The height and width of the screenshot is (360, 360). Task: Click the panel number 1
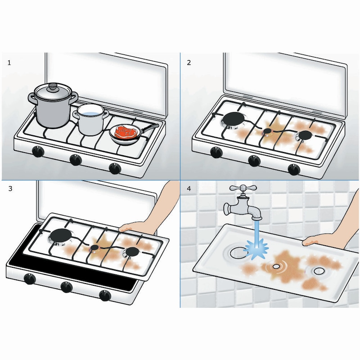9,63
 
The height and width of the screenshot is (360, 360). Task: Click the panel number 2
189,63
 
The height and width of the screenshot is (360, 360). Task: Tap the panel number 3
10,189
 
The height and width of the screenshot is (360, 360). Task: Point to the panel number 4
189,189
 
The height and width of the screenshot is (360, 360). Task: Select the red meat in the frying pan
125,131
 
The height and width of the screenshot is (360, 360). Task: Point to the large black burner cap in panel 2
234,119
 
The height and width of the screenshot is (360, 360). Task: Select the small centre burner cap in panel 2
267,131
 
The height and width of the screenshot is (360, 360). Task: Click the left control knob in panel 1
38,151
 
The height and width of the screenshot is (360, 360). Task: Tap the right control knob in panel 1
115,168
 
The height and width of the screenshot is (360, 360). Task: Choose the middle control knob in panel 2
254,161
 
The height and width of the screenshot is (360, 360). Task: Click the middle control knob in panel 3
67,287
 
